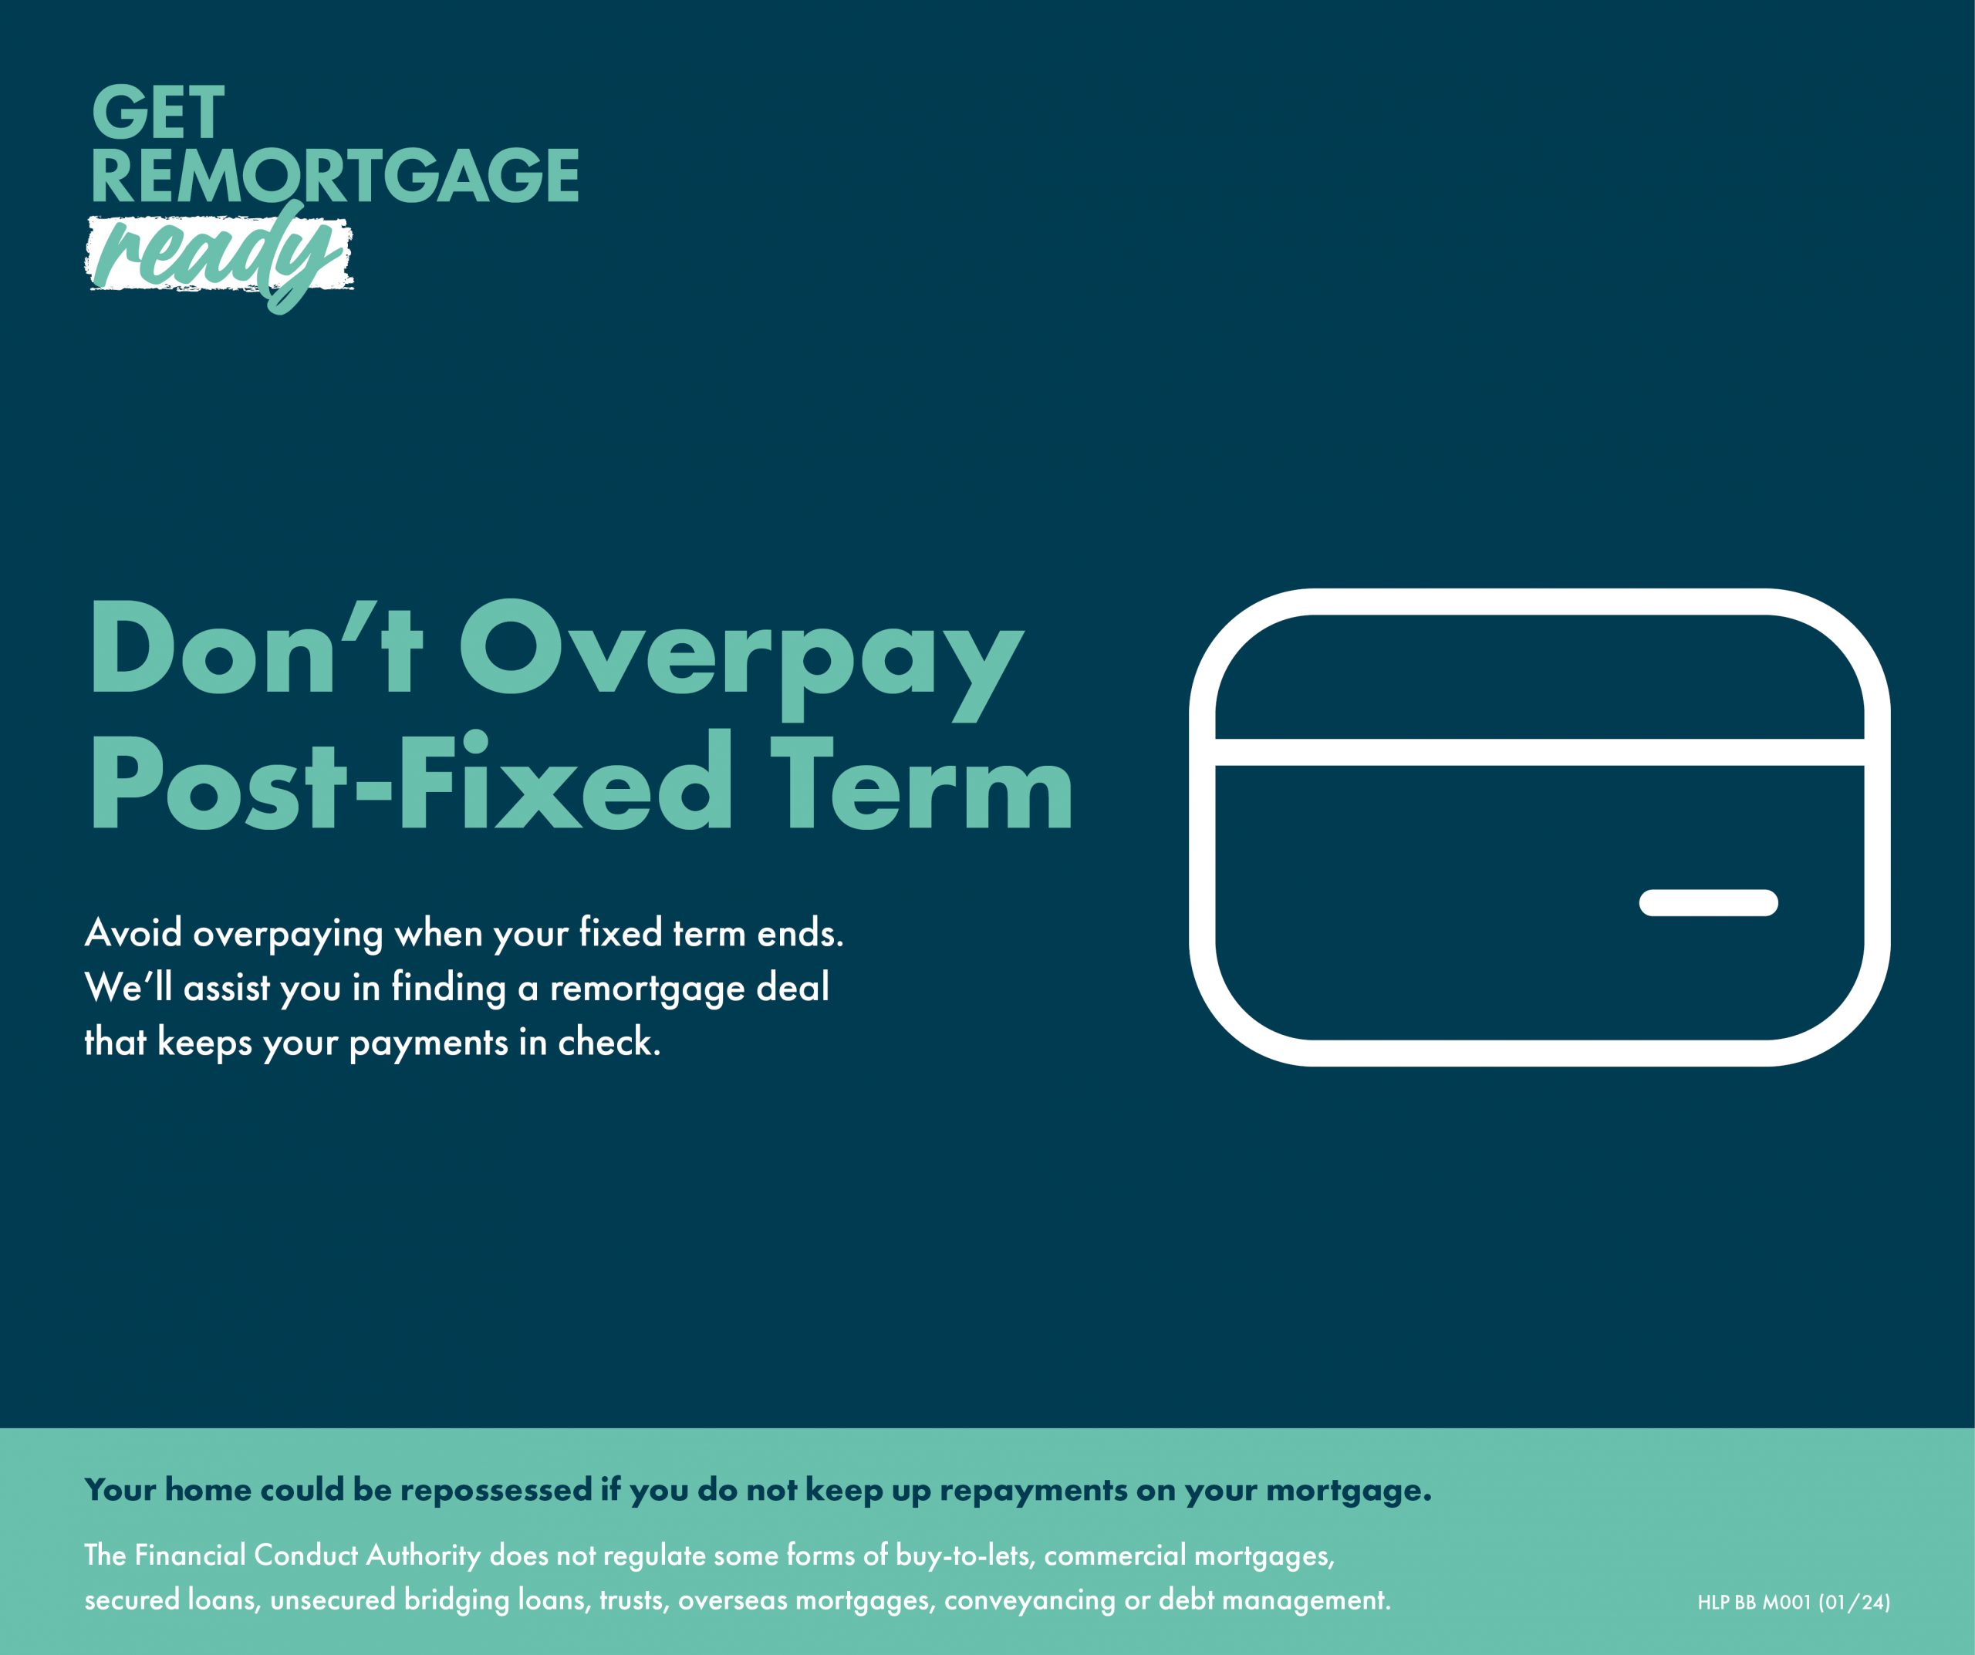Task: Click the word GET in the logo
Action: coord(158,112)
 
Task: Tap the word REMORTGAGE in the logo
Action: coord(335,175)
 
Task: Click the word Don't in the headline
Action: coord(256,648)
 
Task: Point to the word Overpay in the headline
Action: coord(741,659)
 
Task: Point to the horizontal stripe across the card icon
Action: coord(1541,752)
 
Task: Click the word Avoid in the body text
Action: coord(133,933)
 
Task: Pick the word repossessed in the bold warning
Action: coord(498,1489)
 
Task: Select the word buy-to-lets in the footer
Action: coord(966,1556)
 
